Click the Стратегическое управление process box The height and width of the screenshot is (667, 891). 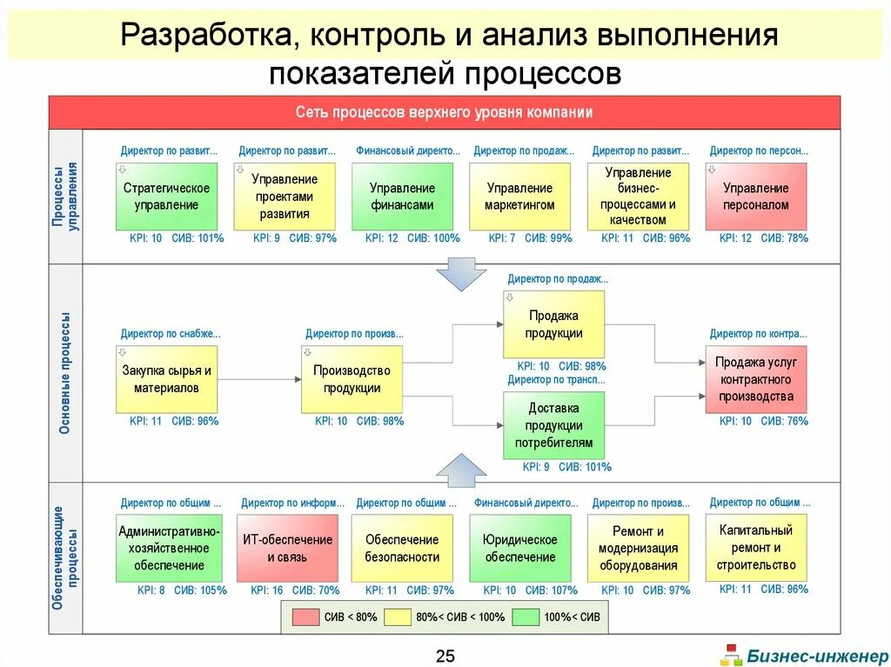point(166,197)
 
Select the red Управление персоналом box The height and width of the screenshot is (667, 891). point(756,197)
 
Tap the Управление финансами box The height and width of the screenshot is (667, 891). point(402,197)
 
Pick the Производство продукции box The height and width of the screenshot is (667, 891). point(352,379)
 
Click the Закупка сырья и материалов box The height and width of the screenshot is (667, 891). point(166,379)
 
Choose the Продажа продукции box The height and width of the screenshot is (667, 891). point(554,324)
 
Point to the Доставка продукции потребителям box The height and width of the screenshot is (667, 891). point(554,424)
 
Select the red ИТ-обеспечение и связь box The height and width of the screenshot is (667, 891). point(287,548)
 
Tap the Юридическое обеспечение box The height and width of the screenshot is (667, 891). point(520,548)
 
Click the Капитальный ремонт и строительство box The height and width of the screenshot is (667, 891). point(756,547)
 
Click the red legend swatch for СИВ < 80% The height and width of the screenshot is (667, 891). point(305,617)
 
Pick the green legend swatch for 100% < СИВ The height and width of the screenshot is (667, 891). point(526,617)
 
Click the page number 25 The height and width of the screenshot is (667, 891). point(445,656)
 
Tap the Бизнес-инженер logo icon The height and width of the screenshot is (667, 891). point(732,655)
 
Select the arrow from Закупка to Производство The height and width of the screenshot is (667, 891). point(259,379)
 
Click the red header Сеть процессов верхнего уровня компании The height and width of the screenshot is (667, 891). point(445,112)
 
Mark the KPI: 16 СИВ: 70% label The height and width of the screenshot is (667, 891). point(295,590)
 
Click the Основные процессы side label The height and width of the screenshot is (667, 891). point(66,372)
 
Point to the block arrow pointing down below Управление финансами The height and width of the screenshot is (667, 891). point(460,273)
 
